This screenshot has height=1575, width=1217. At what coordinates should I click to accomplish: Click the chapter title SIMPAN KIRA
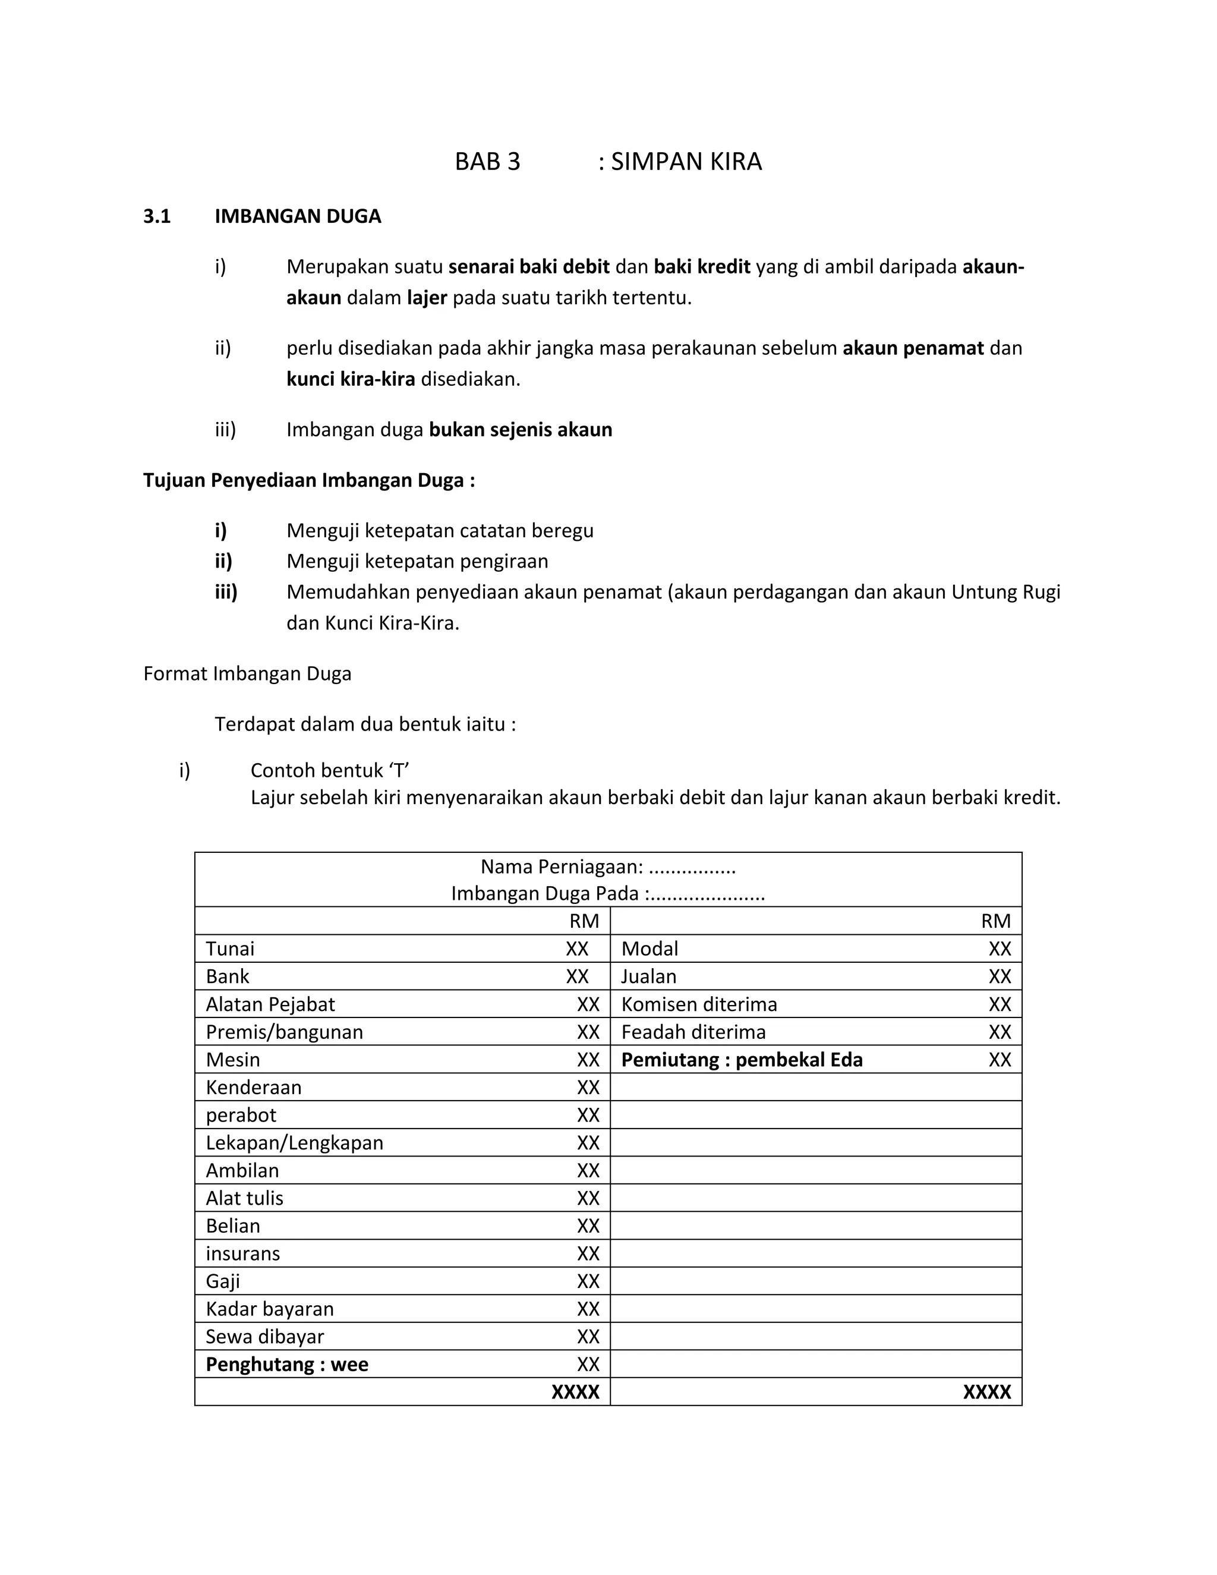click(686, 162)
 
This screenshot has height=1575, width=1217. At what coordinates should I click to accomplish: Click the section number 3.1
click(156, 216)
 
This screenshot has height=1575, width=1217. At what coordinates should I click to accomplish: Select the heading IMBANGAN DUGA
click(298, 216)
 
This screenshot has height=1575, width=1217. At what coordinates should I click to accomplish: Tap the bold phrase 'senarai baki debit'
click(529, 267)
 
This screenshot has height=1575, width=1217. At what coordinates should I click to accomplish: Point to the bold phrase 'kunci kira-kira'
click(351, 379)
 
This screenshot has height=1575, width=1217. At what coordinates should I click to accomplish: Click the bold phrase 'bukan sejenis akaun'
click(520, 430)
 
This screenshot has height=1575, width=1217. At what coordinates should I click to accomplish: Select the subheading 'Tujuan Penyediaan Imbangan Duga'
click(308, 480)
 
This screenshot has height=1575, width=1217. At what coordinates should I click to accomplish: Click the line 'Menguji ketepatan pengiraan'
click(417, 561)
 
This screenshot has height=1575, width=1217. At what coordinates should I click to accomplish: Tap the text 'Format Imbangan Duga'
click(247, 673)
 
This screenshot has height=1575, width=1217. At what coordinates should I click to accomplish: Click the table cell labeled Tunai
click(230, 949)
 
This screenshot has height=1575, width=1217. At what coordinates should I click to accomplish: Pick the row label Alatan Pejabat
click(270, 1004)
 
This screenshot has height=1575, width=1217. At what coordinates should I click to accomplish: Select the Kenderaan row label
click(254, 1087)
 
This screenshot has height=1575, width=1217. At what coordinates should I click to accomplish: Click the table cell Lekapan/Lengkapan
click(294, 1142)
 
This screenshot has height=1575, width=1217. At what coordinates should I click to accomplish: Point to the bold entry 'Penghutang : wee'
click(287, 1365)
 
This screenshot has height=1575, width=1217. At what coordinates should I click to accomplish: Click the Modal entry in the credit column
click(650, 949)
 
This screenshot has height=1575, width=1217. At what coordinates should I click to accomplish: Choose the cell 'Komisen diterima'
click(699, 1004)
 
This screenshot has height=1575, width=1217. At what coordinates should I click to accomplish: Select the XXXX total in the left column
click(575, 1392)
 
